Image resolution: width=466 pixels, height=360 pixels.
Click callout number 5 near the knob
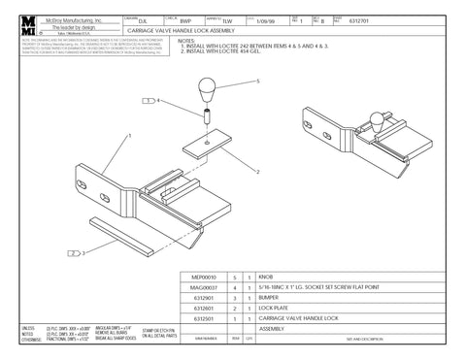(x=258, y=83)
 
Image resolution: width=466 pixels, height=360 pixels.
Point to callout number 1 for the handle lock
(x=128, y=137)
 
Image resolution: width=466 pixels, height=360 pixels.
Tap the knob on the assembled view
(x=392, y=121)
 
